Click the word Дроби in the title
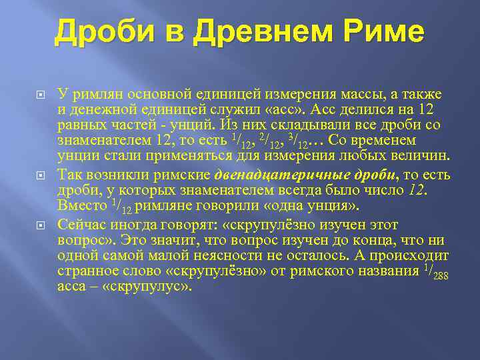[97, 33]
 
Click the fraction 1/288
[440, 271]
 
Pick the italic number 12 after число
[417, 190]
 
